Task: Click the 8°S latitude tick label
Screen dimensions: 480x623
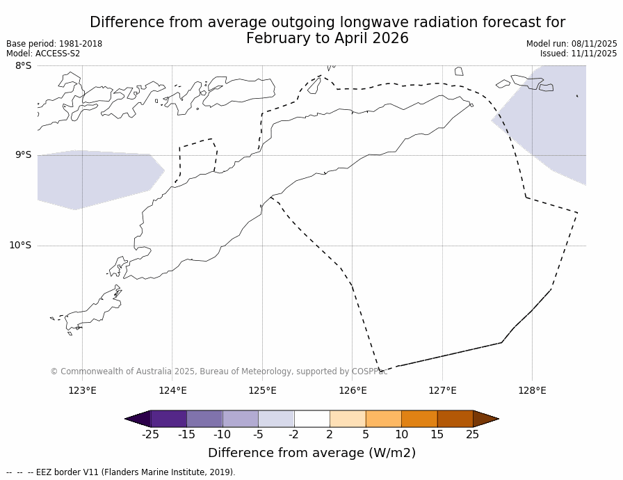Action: pos(23,66)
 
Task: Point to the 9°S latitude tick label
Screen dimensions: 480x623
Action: pos(23,155)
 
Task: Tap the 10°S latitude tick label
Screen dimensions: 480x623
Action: pos(20,245)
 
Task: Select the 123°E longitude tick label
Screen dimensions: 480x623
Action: pos(82,390)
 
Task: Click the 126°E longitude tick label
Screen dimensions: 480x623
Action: pos(353,390)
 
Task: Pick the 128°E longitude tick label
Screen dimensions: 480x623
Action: pos(532,390)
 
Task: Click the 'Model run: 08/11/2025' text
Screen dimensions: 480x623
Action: pos(572,44)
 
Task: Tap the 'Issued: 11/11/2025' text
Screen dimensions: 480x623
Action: pos(578,54)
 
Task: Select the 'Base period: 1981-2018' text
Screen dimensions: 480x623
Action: pos(54,44)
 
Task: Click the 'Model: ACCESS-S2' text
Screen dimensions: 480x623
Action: pos(43,54)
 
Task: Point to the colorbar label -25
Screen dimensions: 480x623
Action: pos(150,435)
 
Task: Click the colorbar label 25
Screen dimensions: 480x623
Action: pos(472,435)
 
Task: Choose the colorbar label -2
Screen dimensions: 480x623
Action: pos(294,435)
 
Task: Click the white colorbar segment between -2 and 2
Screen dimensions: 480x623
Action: pos(311,419)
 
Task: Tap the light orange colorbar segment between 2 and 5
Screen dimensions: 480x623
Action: pos(348,419)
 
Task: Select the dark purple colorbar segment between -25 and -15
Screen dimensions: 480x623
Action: pos(168,419)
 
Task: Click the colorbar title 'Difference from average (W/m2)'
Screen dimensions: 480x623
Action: pos(311,453)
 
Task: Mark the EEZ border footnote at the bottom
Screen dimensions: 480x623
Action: pos(121,472)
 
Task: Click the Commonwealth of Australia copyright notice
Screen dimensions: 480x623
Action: pos(219,371)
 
